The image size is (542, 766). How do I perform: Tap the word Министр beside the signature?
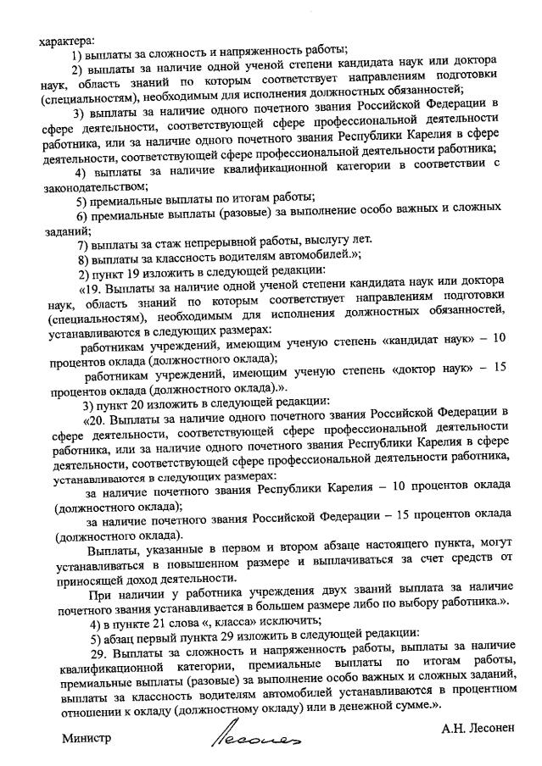[x=87, y=737]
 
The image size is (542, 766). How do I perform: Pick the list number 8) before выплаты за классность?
[x=83, y=259]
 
